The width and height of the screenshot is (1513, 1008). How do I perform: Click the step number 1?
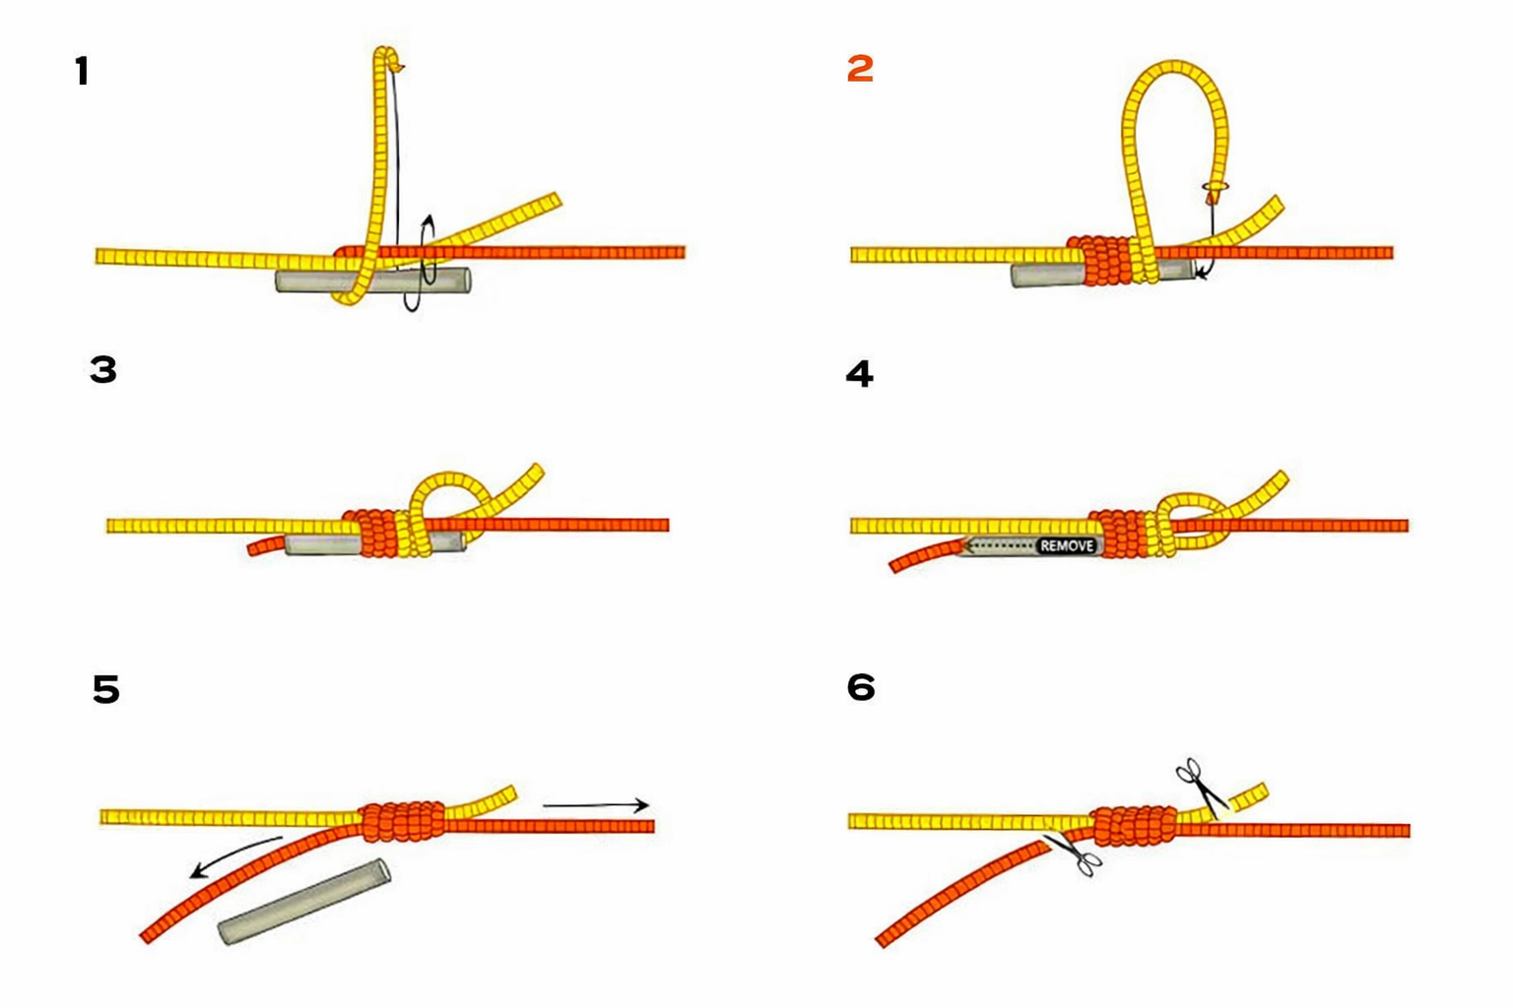pos(83,71)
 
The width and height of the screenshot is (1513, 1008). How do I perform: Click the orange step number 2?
pos(860,69)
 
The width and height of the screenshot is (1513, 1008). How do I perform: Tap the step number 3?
pos(103,370)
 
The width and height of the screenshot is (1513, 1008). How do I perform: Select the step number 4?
pos(859,373)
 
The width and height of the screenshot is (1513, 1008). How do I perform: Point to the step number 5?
pos(106,689)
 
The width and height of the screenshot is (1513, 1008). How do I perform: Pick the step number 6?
pos(861,687)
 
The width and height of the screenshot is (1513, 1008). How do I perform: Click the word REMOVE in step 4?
pos(1067,545)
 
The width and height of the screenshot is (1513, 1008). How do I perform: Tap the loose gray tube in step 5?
pos(304,902)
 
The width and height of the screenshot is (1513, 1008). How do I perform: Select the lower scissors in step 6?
pos(1073,854)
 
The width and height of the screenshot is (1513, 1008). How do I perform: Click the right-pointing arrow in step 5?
pos(596,805)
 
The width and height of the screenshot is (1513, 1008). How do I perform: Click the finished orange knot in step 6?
pos(1135,825)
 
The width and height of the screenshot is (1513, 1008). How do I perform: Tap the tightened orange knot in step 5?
pos(402,822)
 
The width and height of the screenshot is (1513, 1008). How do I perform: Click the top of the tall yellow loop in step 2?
pos(1175,68)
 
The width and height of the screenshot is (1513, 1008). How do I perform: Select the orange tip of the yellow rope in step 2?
pos(1214,198)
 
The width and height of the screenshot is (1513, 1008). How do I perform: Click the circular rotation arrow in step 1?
pos(421,263)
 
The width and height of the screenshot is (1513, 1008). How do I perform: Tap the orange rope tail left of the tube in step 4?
pos(925,555)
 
